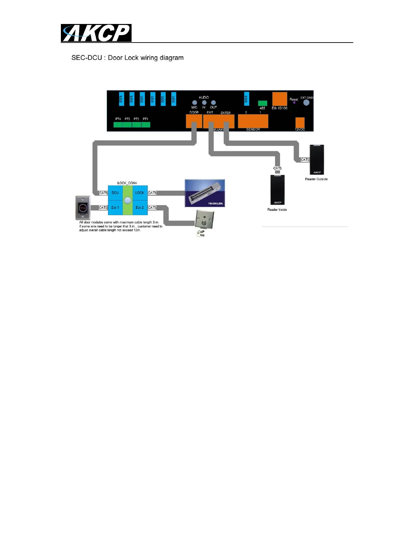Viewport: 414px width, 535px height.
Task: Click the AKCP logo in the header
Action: click(x=96, y=33)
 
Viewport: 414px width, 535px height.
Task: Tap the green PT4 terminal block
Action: click(x=118, y=125)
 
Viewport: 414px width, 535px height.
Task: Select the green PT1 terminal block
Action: click(x=146, y=125)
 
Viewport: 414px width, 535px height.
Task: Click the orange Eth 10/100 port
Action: click(x=279, y=99)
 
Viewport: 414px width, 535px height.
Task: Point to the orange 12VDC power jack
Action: click(x=300, y=123)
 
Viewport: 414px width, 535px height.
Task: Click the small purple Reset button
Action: click(x=294, y=103)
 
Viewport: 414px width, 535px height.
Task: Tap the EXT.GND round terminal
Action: click(x=306, y=102)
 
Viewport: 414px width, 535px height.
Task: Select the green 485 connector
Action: click(x=262, y=103)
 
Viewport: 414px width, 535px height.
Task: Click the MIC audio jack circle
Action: click(x=194, y=103)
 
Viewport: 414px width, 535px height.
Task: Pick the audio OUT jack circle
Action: click(x=213, y=103)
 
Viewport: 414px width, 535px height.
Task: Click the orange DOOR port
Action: click(x=194, y=121)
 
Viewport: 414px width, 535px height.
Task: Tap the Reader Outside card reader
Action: click(x=317, y=159)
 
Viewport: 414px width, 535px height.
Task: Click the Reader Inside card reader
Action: click(x=277, y=189)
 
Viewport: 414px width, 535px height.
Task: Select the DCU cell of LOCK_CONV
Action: click(x=115, y=193)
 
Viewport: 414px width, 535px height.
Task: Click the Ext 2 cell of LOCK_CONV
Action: click(x=140, y=208)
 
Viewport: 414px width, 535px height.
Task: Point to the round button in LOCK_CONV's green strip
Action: click(x=128, y=200)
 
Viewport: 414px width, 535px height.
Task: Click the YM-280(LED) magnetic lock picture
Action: click(x=205, y=193)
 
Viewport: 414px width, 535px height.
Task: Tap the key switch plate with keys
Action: click(x=204, y=222)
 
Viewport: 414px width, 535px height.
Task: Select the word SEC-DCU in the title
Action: click(x=87, y=58)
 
